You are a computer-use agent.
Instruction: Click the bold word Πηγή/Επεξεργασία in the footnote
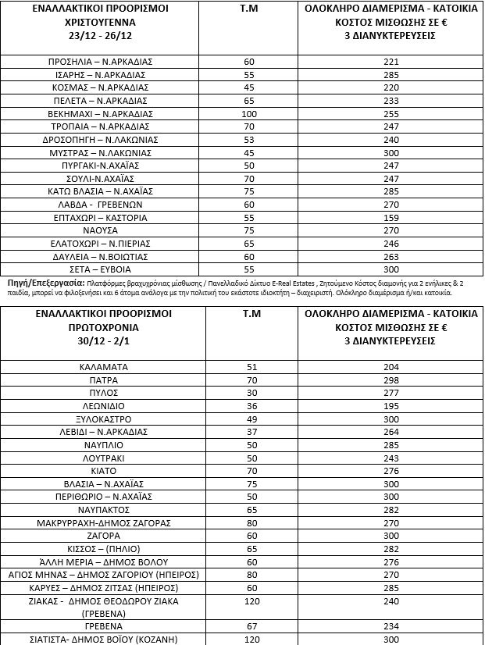(39, 279)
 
